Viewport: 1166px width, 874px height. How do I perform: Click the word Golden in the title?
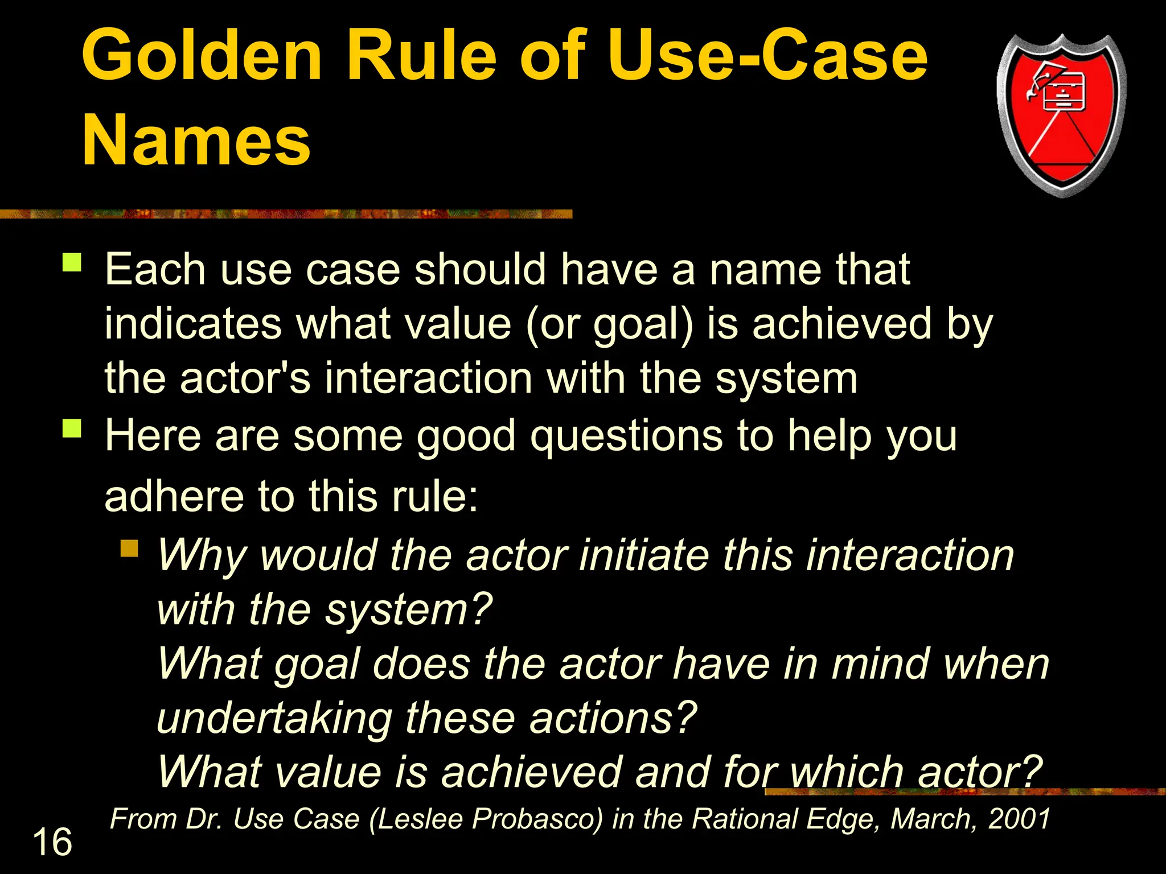pyautogui.click(x=202, y=56)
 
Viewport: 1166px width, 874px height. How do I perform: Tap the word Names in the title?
pyautogui.click(x=196, y=140)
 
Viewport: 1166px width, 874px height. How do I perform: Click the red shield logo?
pyautogui.click(x=1061, y=117)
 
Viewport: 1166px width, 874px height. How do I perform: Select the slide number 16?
pyautogui.click(x=52, y=842)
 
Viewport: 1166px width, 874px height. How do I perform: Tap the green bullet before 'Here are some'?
pyautogui.click(x=72, y=428)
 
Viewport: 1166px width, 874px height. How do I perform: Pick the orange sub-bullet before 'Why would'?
pyautogui.click(x=130, y=548)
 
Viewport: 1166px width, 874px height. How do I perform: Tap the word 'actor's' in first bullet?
pyautogui.click(x=245, y=378)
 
